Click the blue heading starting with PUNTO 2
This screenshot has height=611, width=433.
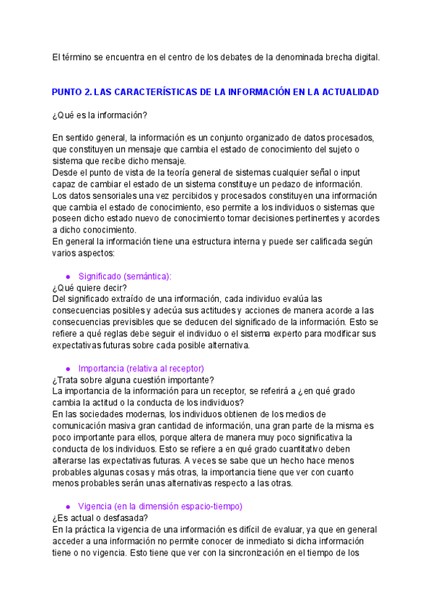[x=215, y=93]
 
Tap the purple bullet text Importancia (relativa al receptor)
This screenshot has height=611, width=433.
[x=141, y=368]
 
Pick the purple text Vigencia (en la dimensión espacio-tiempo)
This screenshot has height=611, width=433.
[x=159, y=507]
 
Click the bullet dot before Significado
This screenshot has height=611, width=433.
[x=68, y=277]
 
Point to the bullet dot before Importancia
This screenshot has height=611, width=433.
[x=68, y=369]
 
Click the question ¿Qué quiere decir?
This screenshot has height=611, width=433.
[x=89, y=287]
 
